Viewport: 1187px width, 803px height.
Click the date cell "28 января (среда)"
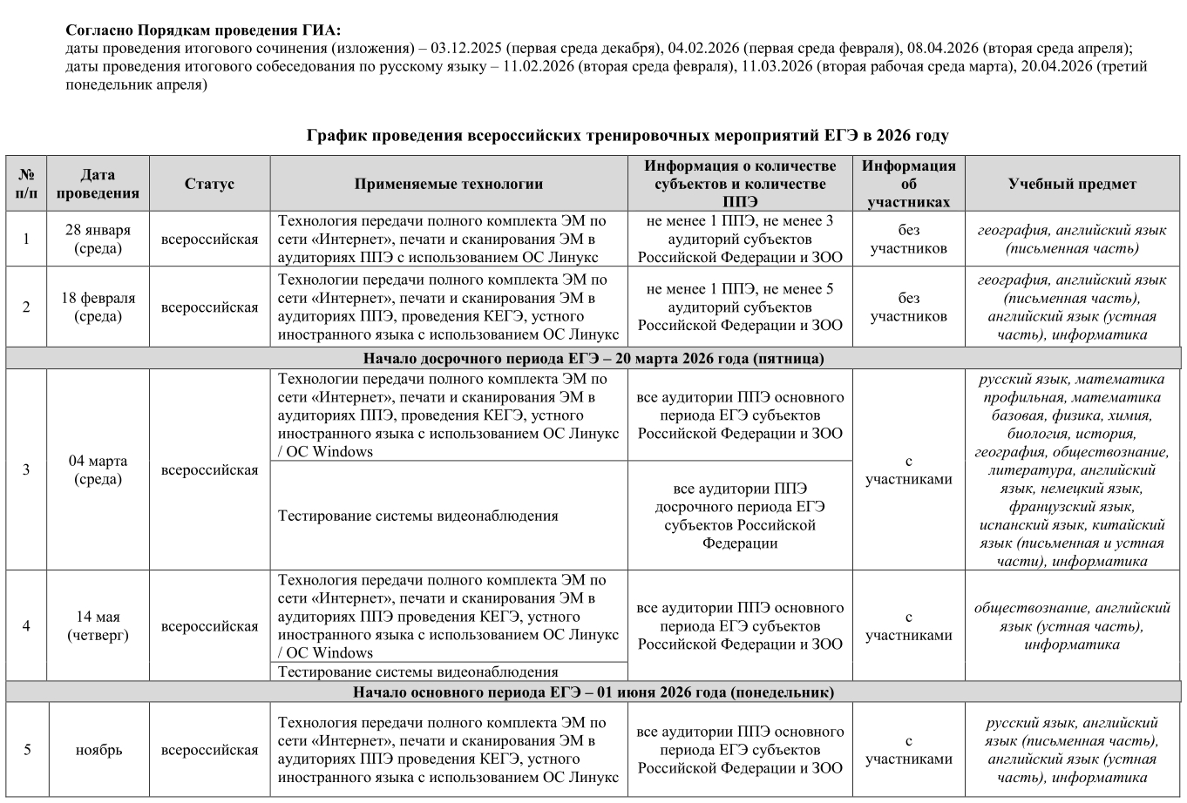[98, 239]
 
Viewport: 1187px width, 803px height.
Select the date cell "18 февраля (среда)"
[98, 307]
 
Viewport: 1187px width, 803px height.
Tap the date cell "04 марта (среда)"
[98, 470]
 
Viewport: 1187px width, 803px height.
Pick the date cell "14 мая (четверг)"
[98, 626]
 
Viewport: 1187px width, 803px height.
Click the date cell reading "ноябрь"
[98, 750]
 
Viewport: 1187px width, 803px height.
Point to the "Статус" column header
[209, 184]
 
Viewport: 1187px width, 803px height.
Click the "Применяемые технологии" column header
[448, 184]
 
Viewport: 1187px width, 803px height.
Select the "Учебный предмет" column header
[1072, 184]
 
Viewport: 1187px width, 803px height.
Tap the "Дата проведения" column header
[98, 184]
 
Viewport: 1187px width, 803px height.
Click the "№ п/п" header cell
[26, 184]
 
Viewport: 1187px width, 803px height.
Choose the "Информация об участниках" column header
[908, 184]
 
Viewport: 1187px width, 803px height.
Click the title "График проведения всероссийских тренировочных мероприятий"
[627, 136]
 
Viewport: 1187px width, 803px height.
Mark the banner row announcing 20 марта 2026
[593, 359]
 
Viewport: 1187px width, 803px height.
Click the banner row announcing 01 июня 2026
[593, 692]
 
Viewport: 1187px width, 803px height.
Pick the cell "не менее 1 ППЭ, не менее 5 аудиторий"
[739, 307]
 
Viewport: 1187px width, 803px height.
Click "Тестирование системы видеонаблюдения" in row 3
[417, 516]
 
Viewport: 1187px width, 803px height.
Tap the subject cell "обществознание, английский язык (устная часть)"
[1072, 626]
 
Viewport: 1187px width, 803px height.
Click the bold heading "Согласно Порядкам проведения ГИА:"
[204, 30]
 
